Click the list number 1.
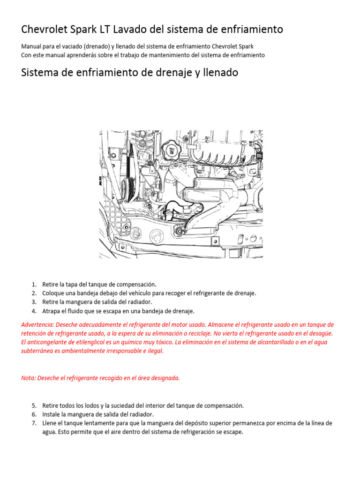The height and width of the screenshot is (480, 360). click(x=34, y=285)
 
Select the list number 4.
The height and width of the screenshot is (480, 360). click(x=34, y=311)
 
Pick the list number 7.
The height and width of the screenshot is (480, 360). click(x=34, y=423)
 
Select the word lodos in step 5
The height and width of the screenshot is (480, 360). click(x=87, y=405)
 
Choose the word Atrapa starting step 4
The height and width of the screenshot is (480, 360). click(x=52, y=311)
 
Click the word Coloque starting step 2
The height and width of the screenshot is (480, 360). click(x=53, y=293)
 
